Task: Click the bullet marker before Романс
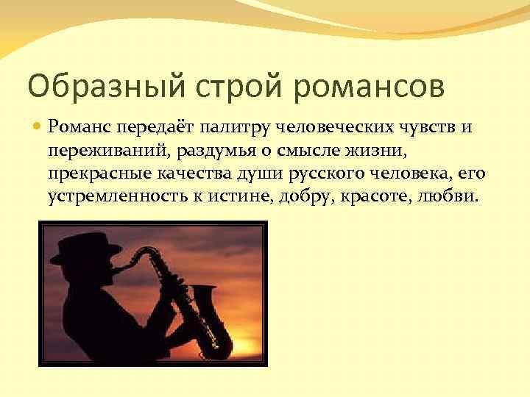pyautogui.click(x=37, y=129)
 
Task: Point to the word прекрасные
pyautogui.click(x=93, y=175)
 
